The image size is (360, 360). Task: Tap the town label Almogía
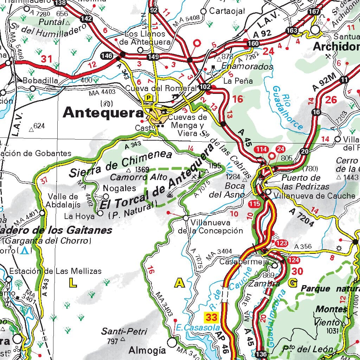click(147, 350)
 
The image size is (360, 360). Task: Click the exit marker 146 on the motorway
click(107, 56)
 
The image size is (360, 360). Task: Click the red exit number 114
click(262, 149)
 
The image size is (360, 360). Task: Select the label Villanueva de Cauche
click(314, 195)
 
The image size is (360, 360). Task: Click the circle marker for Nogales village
click(106, 196)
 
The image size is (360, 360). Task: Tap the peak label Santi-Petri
click(120, 332)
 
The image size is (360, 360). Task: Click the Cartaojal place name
click(227, 11)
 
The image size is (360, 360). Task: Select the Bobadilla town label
click(40, 81)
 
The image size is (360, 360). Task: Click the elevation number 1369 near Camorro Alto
click(142, 169)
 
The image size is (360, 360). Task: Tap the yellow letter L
click(72, 282)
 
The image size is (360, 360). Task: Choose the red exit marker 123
click(282, 243)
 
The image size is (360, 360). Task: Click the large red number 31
click(46, 59)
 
